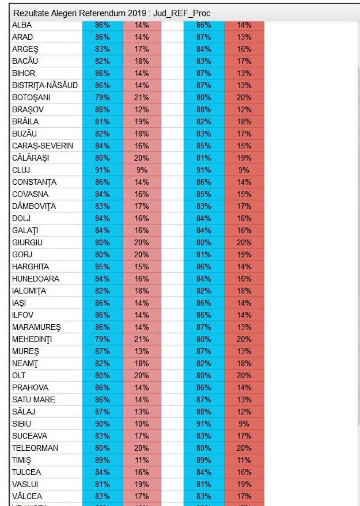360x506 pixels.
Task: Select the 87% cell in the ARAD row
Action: coord(204,37)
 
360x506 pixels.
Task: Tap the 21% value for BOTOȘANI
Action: coord(142,97)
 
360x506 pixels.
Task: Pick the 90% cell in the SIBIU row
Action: coord(102,424)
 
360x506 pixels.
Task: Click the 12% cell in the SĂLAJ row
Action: coord(244,412)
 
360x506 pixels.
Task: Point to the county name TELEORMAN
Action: coord(35,448)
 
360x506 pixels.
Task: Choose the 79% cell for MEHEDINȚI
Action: coord(102,339)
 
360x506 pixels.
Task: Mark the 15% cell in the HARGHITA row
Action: coord(142,266)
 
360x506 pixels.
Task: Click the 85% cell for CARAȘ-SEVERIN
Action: coord(204,146)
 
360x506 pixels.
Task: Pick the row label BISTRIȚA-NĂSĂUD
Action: coord(45,86)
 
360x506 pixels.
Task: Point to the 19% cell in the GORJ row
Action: coord(244,255)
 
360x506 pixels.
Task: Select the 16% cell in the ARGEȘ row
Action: coord(244,49)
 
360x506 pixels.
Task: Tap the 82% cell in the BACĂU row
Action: coord(102,61)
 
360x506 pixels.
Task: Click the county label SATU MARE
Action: coord(34,399)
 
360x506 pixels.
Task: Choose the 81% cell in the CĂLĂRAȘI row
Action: coord(204,158)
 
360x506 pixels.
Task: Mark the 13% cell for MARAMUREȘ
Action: coord(244,327)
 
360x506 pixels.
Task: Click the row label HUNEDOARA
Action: coord(36,279)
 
